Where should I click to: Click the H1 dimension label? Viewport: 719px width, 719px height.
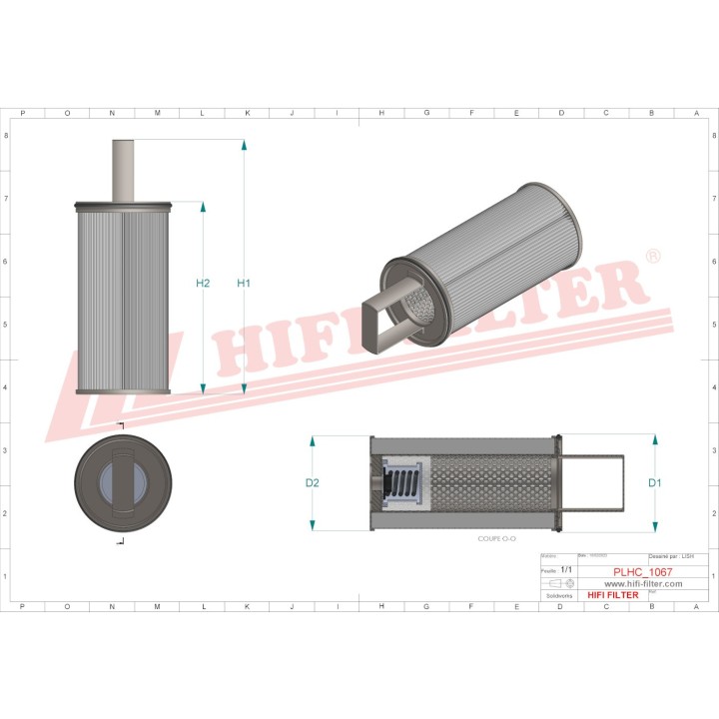point(243,284)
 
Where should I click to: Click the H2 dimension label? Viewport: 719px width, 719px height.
point(203,284)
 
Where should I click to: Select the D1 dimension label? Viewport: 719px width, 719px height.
point(655,483)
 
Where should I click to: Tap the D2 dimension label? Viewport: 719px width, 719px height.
point(312,483)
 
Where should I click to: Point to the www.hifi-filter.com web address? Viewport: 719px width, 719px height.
point(643,583)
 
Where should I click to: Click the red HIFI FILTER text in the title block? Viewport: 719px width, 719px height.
point(613,595)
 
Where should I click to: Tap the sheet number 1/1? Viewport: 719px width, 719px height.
point(567,569)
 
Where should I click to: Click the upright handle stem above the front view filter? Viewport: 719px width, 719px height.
point(123,171)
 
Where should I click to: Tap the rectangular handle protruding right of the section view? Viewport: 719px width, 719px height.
point(597,484)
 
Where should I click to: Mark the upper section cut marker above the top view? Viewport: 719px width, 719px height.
point(121,426)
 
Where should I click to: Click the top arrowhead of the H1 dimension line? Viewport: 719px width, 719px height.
point(244,145)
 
